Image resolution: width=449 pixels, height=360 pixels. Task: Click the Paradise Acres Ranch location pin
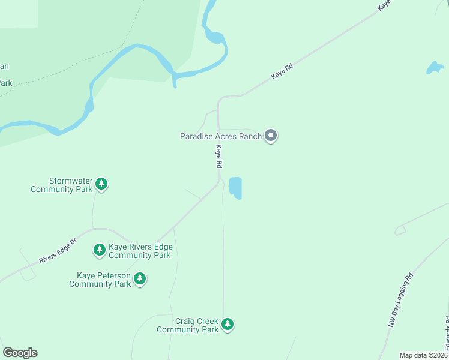[x=271, y=136]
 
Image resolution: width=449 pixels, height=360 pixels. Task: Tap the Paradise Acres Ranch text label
[x=221, y=136]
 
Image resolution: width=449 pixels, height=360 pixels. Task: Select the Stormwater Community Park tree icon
[x=102, y=184]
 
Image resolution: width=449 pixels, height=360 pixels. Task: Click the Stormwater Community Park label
[x=62, y=185]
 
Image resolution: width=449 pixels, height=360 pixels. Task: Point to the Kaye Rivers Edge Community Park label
[x=140, y=251]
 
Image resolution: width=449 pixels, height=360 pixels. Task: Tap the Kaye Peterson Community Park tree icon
[x=140, y=278]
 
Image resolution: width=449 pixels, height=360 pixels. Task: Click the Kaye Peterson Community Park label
[x=100, y=280]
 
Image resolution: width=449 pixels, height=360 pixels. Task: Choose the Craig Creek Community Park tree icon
[x=227, y=325]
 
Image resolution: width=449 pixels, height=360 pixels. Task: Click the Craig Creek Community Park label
[x=188, y=326]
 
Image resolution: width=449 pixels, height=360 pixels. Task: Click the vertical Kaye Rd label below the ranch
[x=220, y=156]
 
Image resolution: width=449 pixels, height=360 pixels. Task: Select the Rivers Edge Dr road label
[x=58, y=251]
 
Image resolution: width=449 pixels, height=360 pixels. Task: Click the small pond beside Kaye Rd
[x=235, y=188]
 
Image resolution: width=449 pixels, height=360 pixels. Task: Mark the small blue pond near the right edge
[x=435, y=67]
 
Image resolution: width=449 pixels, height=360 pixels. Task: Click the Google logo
[x=20, y=353]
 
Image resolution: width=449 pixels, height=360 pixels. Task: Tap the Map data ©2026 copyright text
[x=423, y=355]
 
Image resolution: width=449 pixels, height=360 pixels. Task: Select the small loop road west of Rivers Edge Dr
[x=26, y=273]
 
